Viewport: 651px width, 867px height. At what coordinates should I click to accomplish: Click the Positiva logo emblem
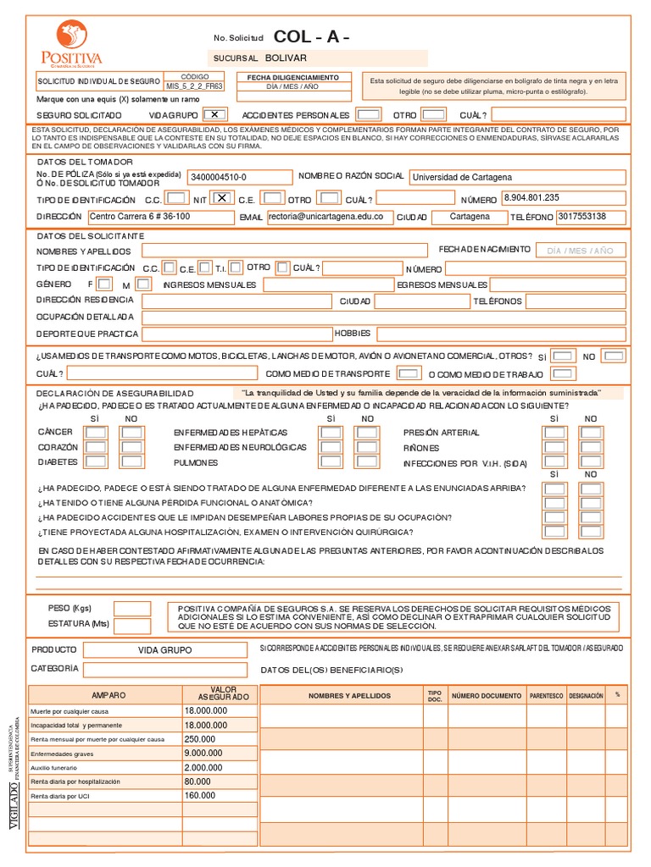(71, 36)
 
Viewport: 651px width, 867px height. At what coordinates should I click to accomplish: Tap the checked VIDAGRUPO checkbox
(215, 114)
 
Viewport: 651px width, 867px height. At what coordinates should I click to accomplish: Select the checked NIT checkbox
(221, 198)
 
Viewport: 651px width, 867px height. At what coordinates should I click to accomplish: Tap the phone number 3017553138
(590, 217)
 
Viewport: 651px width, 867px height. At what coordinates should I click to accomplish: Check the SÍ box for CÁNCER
(96, 433)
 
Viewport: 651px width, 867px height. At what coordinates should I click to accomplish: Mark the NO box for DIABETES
(131, 463)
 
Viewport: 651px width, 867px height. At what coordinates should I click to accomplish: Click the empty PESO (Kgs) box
(131, 608)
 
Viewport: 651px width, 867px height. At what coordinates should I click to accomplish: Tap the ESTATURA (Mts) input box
(131, 625)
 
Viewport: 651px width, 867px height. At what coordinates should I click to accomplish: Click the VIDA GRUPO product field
(165, 649)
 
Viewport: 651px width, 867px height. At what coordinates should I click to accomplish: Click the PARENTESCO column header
(546, 695)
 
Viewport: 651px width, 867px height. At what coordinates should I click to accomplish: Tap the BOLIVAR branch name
(285, 58)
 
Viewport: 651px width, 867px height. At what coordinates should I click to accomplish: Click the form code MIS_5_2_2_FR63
(195, 86)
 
